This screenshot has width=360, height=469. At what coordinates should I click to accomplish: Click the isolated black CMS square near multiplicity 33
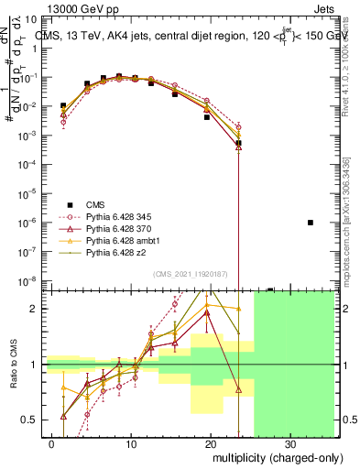coord(311,223)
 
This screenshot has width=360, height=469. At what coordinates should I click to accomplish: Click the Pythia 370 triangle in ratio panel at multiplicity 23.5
coord(238,389)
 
